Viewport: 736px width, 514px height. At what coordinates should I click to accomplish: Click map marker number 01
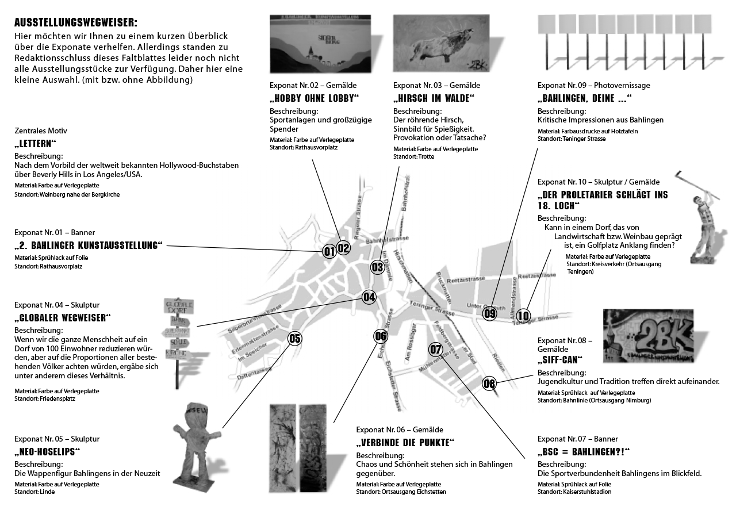tap(329, 252)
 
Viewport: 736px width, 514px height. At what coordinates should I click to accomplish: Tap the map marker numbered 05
tap(294, 338)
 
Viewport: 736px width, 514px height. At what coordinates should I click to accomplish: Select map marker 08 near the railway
tap(489, 384)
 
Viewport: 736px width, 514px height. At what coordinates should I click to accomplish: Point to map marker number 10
tap(523, 315)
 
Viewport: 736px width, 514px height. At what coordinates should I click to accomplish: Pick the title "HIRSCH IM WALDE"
tap(434, 98)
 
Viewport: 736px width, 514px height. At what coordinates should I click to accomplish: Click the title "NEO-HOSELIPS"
tap(47, 452)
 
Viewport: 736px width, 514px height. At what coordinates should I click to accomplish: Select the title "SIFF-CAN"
tap(560, 360)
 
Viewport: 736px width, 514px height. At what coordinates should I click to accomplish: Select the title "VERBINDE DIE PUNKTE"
tap(405, 443)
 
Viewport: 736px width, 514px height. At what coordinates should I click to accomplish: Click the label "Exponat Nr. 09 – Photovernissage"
tap(593, 85)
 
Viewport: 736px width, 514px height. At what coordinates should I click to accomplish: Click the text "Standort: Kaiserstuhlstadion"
tap(574, 492)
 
